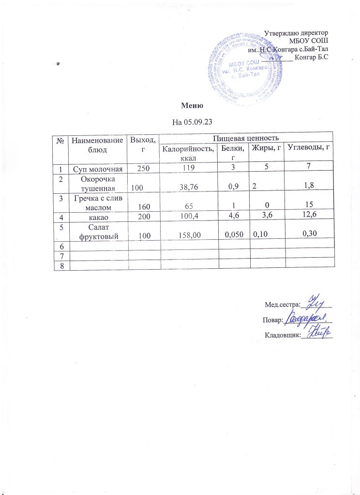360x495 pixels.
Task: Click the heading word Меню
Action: [x=191, y=105]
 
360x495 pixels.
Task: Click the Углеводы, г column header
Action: [x=308, y=148]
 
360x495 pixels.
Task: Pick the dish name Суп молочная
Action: [x=97, y=169]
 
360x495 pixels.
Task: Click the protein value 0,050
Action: [x=233, y=234]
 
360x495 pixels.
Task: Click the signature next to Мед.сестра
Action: [x=315, y=302]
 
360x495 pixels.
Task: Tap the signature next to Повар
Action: [x=307, y=318]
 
